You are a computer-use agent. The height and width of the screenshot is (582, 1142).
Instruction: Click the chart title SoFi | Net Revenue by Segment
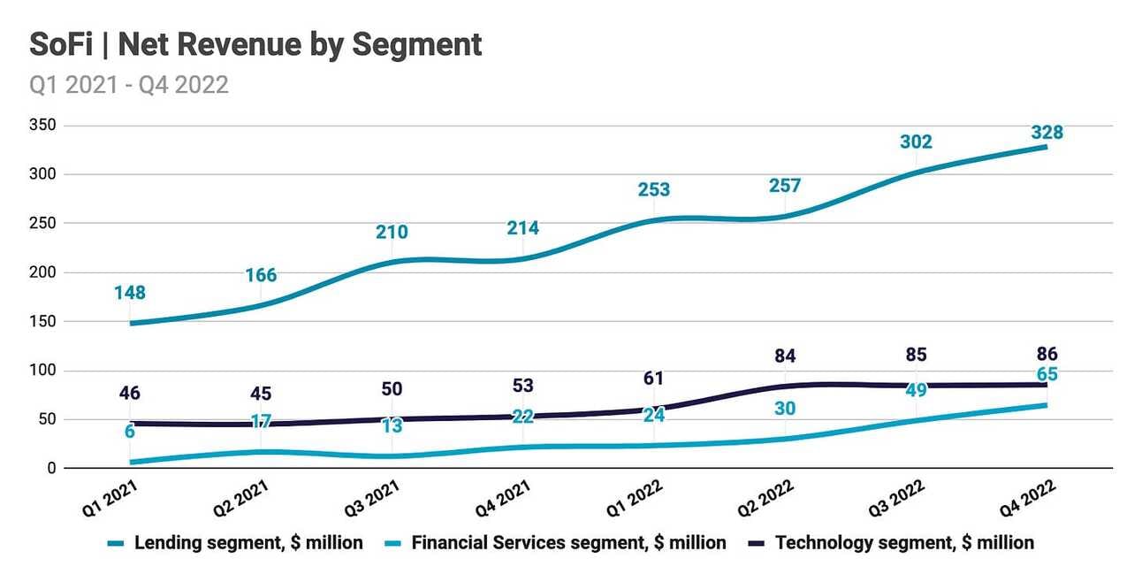coord(255,44)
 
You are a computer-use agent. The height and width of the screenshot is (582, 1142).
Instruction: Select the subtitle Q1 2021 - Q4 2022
coord(129,85)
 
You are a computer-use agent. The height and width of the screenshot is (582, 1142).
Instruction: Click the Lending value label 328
coord(1047,133)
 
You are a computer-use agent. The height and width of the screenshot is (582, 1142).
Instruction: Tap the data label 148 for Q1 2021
coord(130,293)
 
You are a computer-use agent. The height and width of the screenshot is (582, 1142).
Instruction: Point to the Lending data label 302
coord(916,142)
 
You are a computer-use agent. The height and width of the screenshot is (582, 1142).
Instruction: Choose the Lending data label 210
coord(392,233)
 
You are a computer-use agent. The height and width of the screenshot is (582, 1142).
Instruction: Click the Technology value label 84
coord(785,356)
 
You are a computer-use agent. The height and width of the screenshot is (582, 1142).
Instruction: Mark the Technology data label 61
coord(654,379)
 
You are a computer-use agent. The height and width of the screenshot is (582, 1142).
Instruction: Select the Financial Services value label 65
coord(1047,374)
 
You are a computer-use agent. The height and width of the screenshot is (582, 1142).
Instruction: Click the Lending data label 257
coord(785,186)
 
